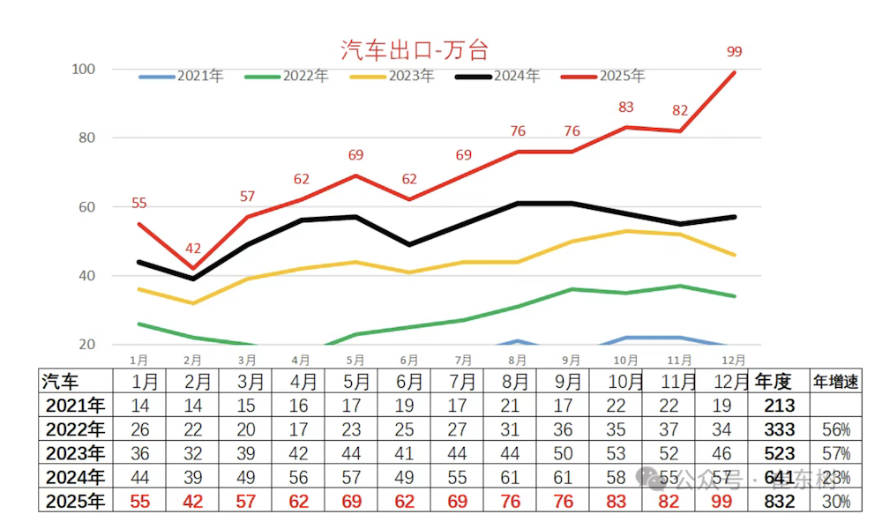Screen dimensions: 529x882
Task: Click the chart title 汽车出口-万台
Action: point(415,48)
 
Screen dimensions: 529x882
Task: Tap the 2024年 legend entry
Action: point(498,76)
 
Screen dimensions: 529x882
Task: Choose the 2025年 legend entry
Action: point(604,76)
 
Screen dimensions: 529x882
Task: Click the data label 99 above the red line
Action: point(734,52)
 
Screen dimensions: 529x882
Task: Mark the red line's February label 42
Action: point(193,249)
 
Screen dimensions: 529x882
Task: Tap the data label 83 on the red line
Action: point(626,108)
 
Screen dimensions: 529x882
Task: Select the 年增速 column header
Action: point(835,382)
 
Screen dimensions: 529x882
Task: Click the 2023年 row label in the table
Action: point(74,453)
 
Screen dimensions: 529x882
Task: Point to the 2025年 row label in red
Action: point(74,501)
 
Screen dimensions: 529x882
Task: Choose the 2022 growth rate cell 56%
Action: point(835,429)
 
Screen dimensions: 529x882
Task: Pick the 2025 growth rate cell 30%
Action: point(835,501)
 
